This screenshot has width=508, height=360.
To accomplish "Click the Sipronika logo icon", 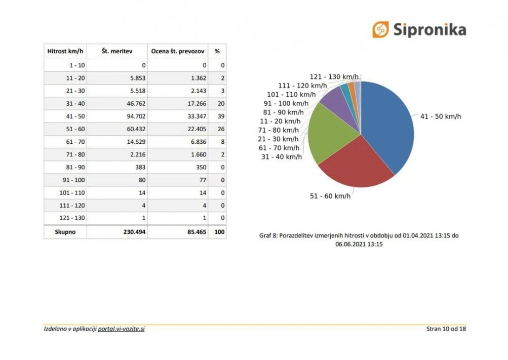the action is point(380,29).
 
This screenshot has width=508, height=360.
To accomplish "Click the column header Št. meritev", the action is point(117,51).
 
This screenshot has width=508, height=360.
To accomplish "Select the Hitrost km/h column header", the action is point(65,51).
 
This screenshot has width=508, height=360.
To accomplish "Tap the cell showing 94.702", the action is point(136,116).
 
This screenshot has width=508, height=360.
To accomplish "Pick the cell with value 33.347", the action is point(197,116).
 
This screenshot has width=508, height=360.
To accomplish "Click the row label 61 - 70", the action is point(75,142).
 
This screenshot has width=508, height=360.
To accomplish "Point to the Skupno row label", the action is point(65,232).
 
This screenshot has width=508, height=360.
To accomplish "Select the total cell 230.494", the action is point(134,232).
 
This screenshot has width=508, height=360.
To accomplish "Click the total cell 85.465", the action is point(197,232).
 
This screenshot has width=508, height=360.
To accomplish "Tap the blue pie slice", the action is point(389,123).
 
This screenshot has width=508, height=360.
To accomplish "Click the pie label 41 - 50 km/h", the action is point(441,116).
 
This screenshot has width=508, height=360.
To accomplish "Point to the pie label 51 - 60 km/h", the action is point(330,196).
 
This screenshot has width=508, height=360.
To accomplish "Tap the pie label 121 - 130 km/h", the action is point(334,77).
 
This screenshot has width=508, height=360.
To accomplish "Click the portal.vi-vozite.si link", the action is point(121,329).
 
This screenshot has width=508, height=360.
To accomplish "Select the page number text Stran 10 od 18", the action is point(446,329).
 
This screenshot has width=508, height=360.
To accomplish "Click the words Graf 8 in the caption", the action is point(268,235).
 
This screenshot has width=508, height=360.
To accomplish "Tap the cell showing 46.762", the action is point(136,104).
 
